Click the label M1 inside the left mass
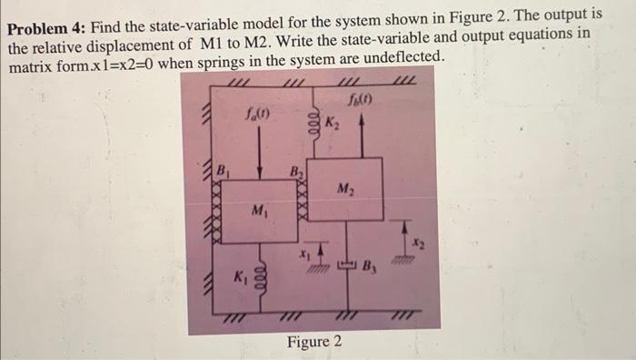pos(259,212)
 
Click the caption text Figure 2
pos(314,342)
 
